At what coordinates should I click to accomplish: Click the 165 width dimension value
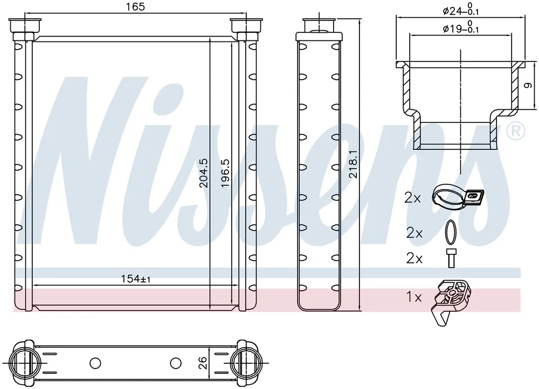click(135, 7)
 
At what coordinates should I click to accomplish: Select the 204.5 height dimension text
click(204, 173)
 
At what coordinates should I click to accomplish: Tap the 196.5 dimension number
click(225, 173)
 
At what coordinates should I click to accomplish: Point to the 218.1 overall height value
click(353, 164)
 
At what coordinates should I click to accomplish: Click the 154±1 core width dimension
click(135, 279)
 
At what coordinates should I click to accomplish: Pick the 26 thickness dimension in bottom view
click(203, 363)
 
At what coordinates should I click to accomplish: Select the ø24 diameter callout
click(461, 9)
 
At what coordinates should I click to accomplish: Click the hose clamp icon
click(457, 197)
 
